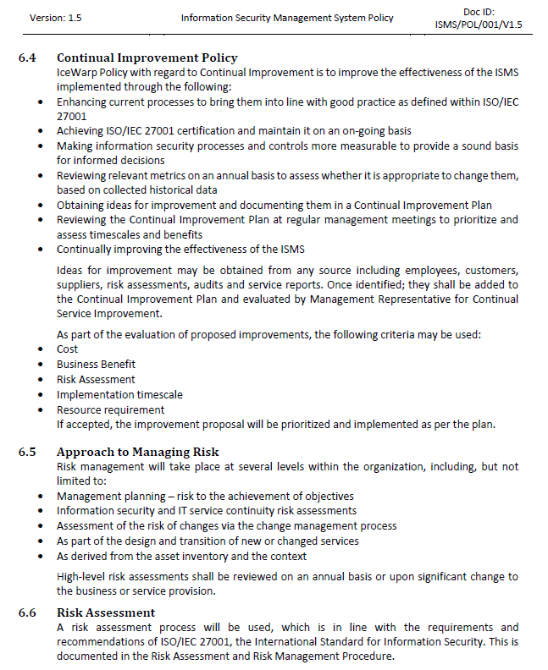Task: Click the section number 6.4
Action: click(x=27, y=58)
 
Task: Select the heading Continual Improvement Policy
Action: click(x=147, y=58)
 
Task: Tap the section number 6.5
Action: click(x=27, y=452)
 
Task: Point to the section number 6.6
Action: click(x=27, y=612)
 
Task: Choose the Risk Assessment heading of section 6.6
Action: click(x=106, y=612)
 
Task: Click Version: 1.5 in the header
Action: click(x=56, y=18)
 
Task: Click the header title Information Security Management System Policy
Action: click(x=287, y=18)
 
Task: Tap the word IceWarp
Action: click(x=75, y=72)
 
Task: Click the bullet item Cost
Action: click(x=67, y=349)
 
